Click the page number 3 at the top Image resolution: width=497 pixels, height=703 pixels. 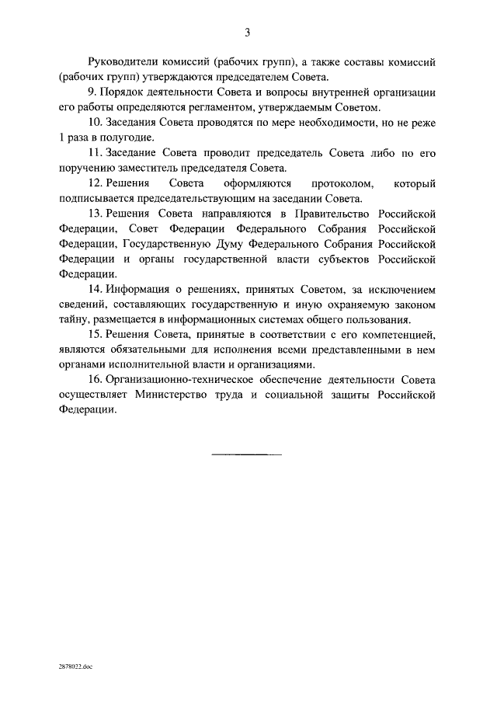point(247,33)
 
